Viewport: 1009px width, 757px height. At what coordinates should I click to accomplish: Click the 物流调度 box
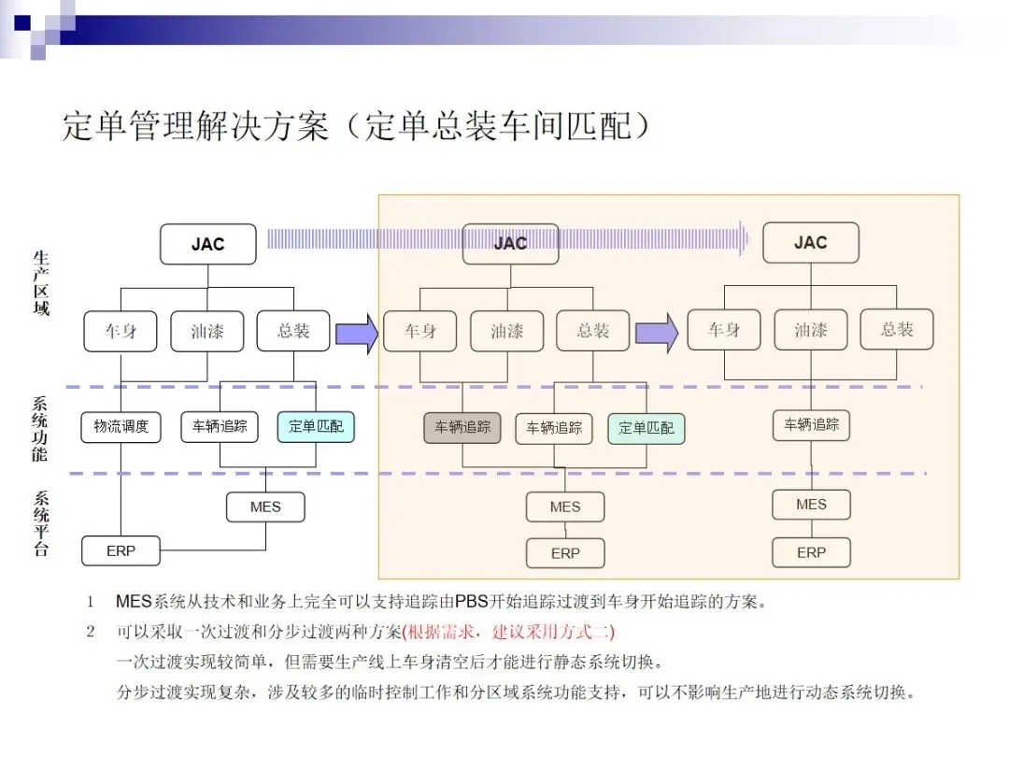coord(121,427)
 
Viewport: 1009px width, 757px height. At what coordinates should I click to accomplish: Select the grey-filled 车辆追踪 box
coord(462,427)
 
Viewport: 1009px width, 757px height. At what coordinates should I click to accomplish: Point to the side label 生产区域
coord(41,282)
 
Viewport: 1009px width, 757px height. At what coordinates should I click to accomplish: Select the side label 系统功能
coord(41,430)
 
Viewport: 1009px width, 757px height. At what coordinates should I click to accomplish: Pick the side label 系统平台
coord(41,523)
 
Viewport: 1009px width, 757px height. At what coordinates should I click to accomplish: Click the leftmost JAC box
coord(207,244)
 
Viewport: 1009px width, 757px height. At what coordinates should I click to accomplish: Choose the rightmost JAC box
coord(810,243)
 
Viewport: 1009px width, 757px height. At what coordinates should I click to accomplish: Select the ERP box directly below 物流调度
coord(121,550)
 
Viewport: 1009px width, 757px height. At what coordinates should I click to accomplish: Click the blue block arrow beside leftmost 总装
coord(356,331)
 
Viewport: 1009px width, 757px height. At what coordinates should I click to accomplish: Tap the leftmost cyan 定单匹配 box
coord(316,427)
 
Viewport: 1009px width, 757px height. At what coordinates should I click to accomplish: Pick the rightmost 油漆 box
coord(811,330)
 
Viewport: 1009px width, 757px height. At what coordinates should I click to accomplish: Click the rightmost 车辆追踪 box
coord(811,425)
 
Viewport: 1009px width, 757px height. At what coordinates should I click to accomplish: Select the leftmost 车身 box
coord(121,331)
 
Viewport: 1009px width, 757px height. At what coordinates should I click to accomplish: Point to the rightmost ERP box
coord(811,552)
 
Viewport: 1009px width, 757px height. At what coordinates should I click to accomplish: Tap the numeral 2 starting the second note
coord(91,631)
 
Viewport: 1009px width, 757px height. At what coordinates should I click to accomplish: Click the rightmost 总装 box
coord(896,329)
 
